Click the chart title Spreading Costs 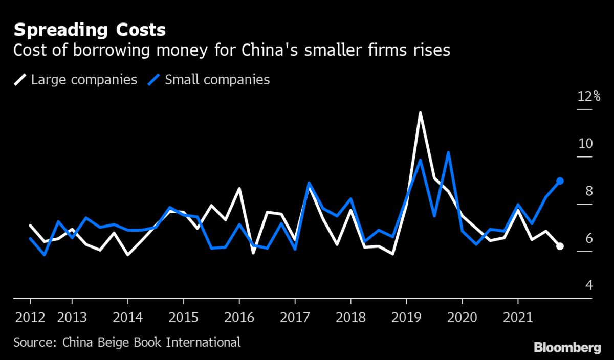point(90,30)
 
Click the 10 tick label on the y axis point(585,143)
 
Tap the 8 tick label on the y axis point(588,191)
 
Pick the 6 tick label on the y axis point(588,238)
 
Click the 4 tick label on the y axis point(588,285)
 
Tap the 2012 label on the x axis point(30,317)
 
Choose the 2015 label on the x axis point(183,317)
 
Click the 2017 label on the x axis point(295,317)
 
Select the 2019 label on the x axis point(406,317)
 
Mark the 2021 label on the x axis point(518,317)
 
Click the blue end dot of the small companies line point(560,181)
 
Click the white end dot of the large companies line point(560,246)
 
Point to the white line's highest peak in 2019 point(420,113)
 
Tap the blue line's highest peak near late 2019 point(448,153)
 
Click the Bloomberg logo point(567,348)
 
